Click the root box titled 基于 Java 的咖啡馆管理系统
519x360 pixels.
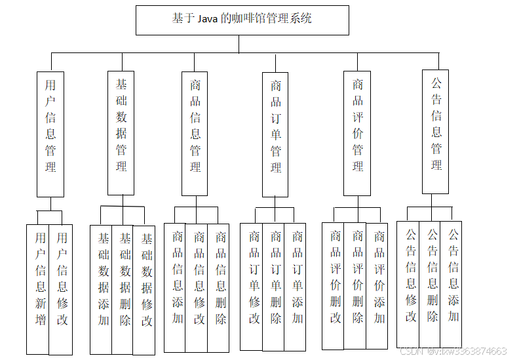click(242, 20)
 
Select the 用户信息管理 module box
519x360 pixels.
click(50, 134)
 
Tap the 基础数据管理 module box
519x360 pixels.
click(121, 133)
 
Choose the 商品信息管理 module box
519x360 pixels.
click(195, 134)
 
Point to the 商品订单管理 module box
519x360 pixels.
click(276, 134)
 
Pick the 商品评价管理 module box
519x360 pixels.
click(358, 134)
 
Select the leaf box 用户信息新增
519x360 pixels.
click(40, 289)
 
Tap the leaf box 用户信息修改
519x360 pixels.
click(62, 289)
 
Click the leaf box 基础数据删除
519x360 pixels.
click(125, 289)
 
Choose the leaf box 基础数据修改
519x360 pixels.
click(146, 289)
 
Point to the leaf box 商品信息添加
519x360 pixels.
click(177, 286)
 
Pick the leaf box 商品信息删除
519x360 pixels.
click(221, 286)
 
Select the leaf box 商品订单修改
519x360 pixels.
click(254, 286)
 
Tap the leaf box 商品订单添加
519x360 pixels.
click(298, 286)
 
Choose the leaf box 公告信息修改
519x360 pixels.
click(410, 283)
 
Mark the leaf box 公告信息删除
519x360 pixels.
click(432, 283)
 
